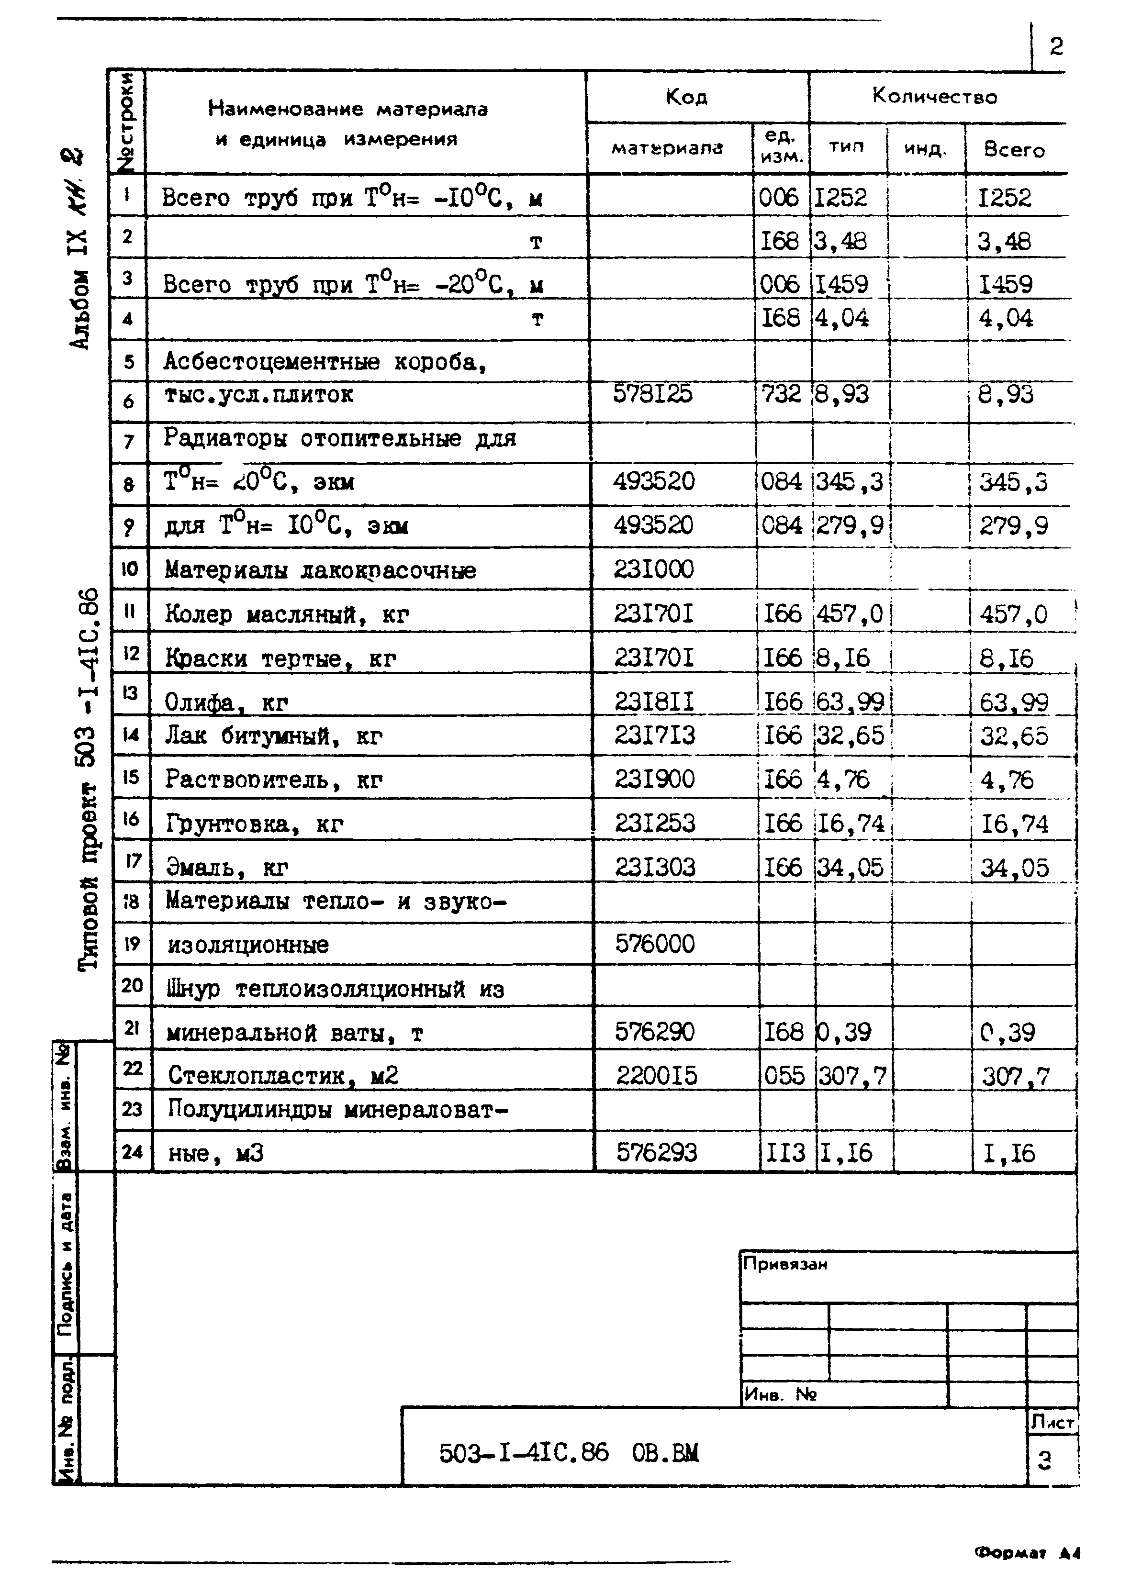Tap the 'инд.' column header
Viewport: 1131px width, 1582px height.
point(925,149)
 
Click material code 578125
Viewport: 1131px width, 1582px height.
point(652,394)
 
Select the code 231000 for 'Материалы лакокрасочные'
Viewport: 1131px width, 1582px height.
point(653,569)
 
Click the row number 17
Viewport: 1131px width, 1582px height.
point(132,861)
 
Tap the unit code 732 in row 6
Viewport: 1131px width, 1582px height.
point(781,394)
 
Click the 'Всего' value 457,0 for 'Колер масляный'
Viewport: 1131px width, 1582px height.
point(1013,614)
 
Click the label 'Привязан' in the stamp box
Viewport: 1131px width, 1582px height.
point(785,1264)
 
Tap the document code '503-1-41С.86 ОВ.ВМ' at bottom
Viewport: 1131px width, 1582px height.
point(568,1452)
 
